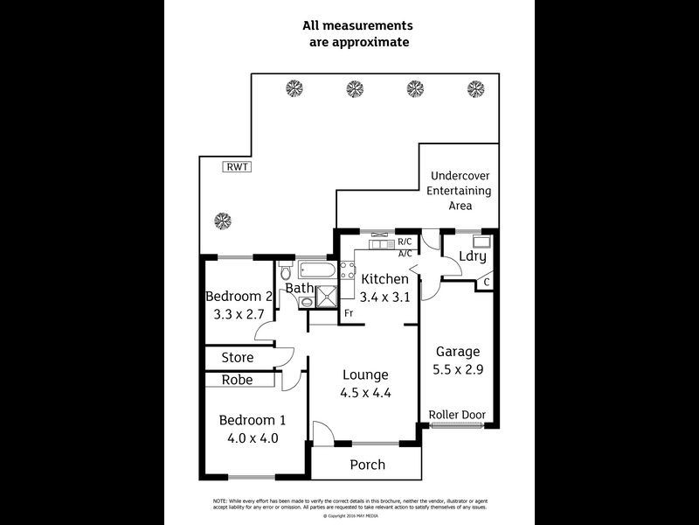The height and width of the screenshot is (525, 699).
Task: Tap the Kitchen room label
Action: (x=384, y=279)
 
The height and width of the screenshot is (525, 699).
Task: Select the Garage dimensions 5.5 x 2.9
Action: (x=458, y=369)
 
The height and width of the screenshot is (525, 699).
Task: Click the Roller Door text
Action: (x=457, y=415)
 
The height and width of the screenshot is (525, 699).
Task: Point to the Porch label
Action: (x=367, y=465)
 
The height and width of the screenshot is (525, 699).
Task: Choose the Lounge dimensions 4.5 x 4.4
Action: (x=365, y=393)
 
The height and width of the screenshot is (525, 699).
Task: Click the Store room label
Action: (x=237, y=358)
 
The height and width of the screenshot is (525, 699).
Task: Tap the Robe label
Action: (x=237, y=380)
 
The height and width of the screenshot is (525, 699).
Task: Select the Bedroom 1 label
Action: (x=248, y=419)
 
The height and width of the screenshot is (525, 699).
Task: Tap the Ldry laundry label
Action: (x=472, y=256)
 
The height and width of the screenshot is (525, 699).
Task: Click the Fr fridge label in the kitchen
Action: (x=348, y=313)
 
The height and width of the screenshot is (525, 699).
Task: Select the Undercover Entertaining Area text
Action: (x=460, y=190)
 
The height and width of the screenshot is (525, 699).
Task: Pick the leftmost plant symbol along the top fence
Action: (x=294, y=88)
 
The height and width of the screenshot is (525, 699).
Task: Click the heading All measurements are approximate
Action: (x=357, y=33)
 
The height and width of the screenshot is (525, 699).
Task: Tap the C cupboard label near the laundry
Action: (x=487, y=283)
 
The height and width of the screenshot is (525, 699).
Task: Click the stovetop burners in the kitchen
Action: (x=347, y=269)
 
